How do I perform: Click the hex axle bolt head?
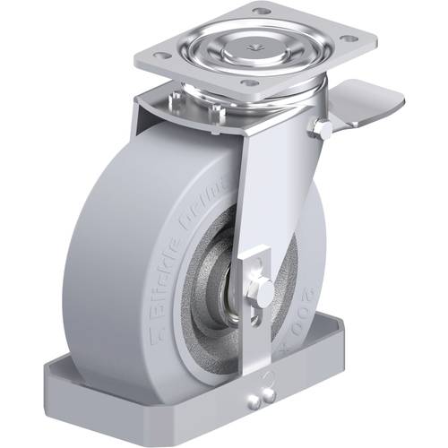[x=265, y=290]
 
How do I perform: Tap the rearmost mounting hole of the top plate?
[x=261, y=12]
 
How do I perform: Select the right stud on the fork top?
[x=215, y=112]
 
